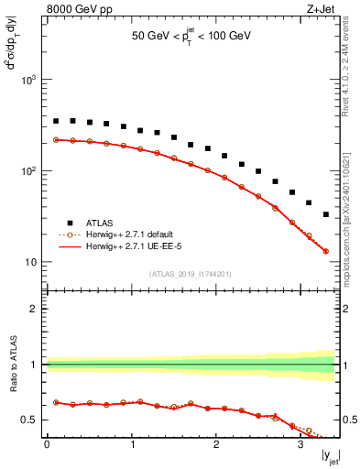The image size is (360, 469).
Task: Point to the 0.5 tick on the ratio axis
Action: pos(30,420)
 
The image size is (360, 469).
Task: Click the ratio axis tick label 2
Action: pos(35,309)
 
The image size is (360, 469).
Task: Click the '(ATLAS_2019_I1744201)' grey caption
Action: pos(191,273)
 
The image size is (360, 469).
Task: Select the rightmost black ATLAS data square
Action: pos(326,214)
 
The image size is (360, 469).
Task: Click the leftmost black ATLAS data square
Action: pos(56,121)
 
